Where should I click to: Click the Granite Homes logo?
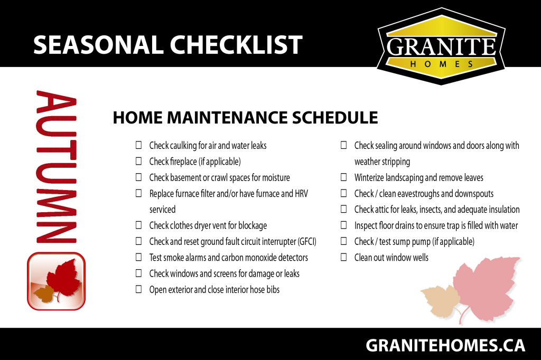click(441, 46)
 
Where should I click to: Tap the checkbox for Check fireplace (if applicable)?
click(139, 161)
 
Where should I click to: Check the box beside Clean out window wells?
click(343, 257)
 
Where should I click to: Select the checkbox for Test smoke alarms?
click(139, 257)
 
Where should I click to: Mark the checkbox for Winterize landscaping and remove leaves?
click(343, 177)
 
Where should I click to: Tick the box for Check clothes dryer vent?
click(139, 225)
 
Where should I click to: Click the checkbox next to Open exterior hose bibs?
click(139, 289)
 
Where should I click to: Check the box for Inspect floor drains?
click(343, 225)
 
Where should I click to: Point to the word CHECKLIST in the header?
click(236, 45)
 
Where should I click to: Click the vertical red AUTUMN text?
click(56, 167)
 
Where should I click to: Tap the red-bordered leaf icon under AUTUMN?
click(56, 281)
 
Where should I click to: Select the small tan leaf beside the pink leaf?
click(440, 301)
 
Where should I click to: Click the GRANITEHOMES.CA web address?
click(445, 345)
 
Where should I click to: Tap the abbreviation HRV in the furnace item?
click(301, 193)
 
